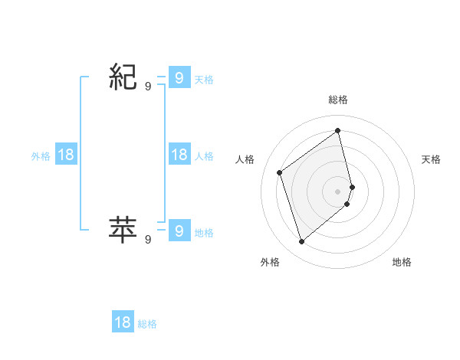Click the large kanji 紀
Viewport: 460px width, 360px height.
coord(123,77)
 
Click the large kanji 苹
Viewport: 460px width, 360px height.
coord(123,229)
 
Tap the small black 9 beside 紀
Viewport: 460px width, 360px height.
coord(148,87)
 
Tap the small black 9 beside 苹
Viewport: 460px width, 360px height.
coord(148,240)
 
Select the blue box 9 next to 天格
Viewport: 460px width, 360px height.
coord(179,77)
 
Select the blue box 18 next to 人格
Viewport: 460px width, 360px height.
coord(179,155)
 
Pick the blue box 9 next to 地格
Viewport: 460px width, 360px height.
coord(179,230)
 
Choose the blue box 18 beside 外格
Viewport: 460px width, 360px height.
coord(66,155)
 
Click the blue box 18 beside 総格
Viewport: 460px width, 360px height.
coord(123,322)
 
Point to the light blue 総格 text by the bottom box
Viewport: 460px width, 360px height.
coord(147,324)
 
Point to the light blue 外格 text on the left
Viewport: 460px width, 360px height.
coord(41,155)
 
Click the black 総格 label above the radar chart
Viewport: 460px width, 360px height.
coord(338,100)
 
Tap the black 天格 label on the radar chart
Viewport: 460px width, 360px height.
coord(432,159)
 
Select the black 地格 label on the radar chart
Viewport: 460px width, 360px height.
coord(402,262)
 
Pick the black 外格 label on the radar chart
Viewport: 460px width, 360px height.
coord(270,262)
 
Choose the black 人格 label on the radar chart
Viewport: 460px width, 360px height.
coord(245,159)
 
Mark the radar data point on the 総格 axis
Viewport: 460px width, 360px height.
coord(338,130)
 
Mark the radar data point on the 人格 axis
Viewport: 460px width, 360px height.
coord(280,172)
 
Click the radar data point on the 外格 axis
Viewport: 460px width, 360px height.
coord(302,242)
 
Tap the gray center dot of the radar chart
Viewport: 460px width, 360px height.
coord(338,191)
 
